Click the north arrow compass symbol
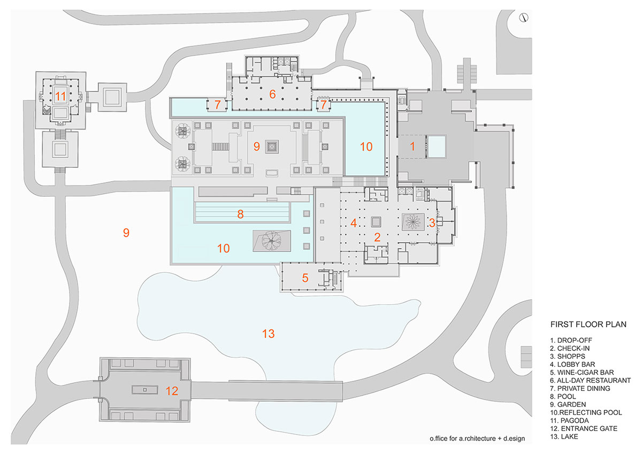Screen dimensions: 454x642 point(523,18)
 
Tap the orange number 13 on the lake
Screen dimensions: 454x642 point(269,334)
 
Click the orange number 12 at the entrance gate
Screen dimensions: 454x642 point(172,391)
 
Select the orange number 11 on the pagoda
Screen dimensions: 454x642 point(60,97)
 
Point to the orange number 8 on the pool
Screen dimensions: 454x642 point(241,214)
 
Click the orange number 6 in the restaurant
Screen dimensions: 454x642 point(272,95)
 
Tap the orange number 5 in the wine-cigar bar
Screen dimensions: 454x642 point(305,278)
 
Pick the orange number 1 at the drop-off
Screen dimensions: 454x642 point(412,145)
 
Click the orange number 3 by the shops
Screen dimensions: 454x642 point(432,221)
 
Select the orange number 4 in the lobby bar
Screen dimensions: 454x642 point(353,223)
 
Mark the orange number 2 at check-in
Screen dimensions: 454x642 point(377,237)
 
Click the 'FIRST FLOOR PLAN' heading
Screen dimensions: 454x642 point(588,324)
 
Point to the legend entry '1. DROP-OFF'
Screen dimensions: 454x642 point(571,340)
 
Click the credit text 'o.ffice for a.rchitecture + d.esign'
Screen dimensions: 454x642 point(477,438)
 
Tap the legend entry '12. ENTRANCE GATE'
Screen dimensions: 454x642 point(584,429)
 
